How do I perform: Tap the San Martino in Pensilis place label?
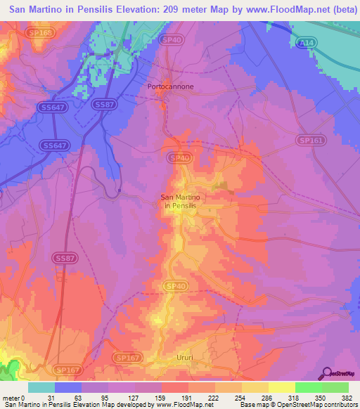(181, 201)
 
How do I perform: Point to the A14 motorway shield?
(307, 43)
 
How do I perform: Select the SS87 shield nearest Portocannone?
(103, 105)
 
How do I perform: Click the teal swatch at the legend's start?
(41, 387)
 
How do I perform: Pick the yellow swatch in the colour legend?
(281, 387)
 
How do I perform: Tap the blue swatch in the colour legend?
(68, 387)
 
